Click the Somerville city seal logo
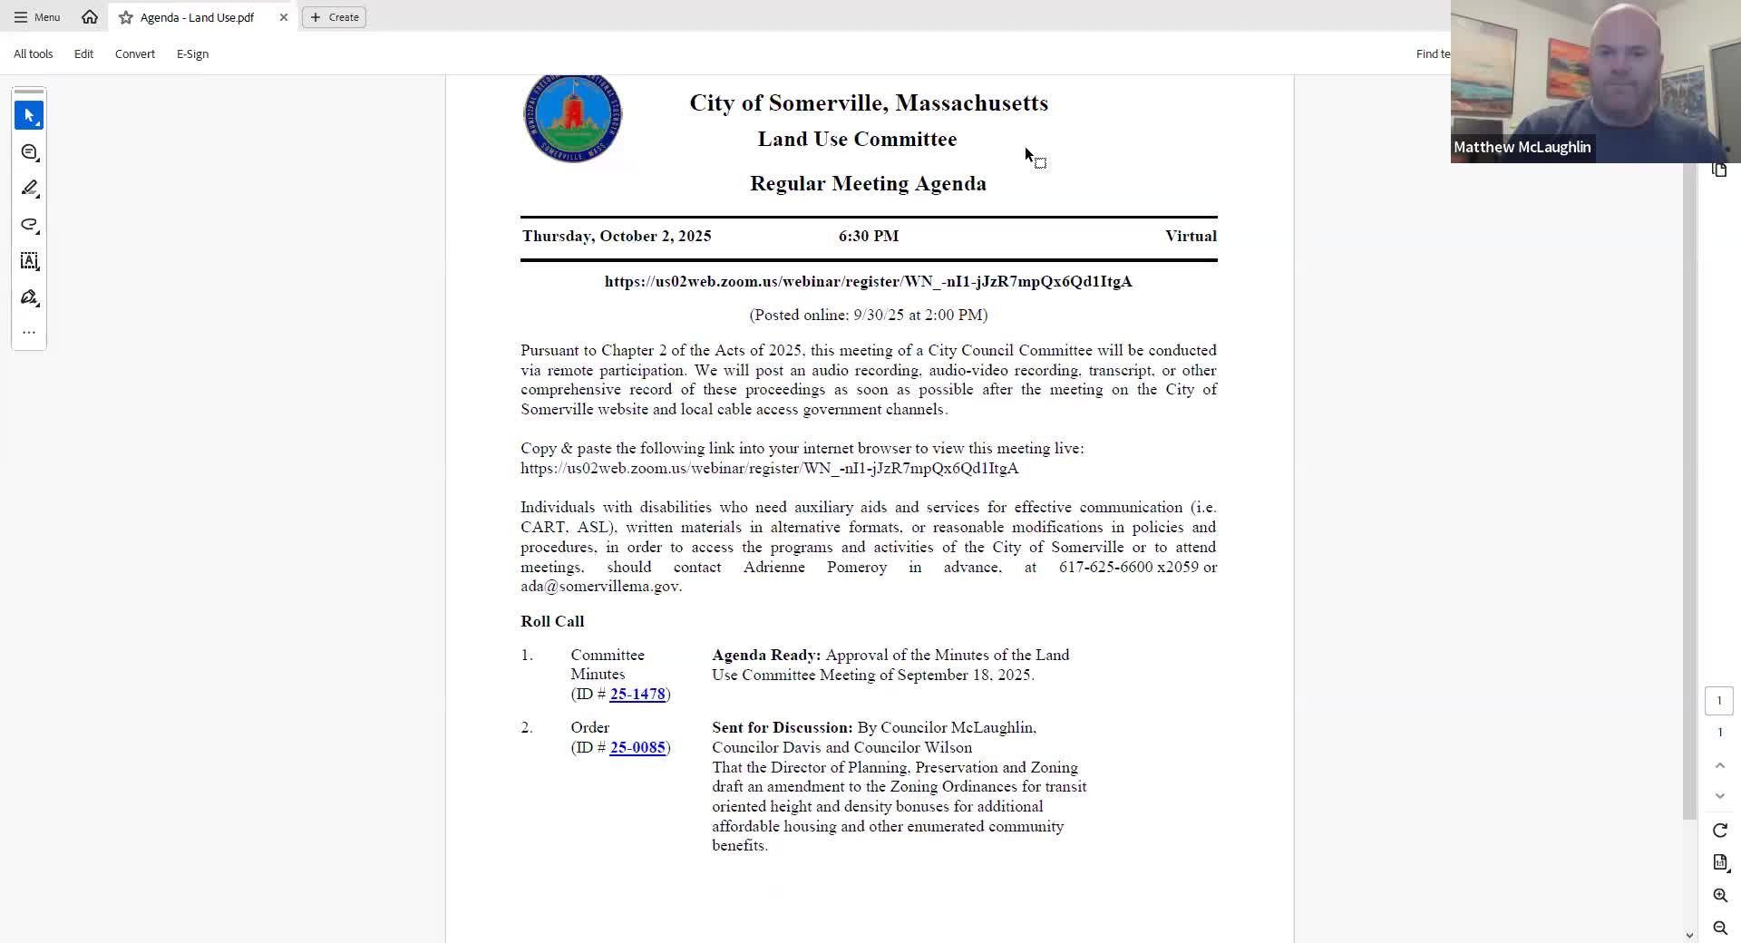point(572,118)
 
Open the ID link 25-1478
point(637,695)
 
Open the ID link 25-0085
point(637,748)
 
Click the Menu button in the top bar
point(37,17)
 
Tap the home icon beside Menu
point(90,17)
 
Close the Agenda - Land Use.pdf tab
point(284,17)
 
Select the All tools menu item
point(34,54)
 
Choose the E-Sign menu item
point(192,54)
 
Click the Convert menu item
point(135,54)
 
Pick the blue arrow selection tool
point(29,116)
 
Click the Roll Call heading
point(552,622)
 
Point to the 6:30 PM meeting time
point(869,237)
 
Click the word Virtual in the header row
point(1191,237)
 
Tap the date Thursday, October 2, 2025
point(617,237)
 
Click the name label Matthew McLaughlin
point(1522,148)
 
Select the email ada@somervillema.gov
point(600,587)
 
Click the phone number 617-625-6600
point(1105,568)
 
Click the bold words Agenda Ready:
point(766,656)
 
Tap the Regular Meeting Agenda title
point(868,184)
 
